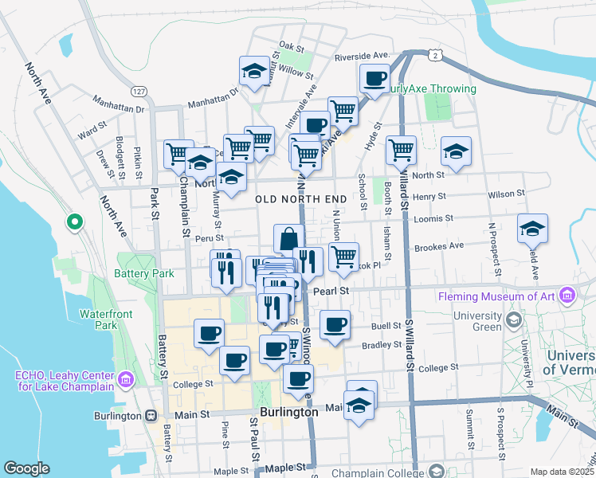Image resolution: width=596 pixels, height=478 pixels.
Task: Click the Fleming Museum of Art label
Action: tap(499, 297)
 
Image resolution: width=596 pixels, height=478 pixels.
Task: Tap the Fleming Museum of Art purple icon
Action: tap(567, 296)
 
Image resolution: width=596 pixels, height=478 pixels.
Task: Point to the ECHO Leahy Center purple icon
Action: tap(126, 379)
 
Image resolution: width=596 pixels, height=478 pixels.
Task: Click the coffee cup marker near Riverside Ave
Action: tap(374, 78)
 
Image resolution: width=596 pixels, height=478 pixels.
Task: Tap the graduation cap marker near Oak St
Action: tap(253, 70)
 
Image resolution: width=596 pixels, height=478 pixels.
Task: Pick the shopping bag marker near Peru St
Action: tap(288, 237)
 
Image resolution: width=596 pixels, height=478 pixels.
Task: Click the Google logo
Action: tap(26, 468)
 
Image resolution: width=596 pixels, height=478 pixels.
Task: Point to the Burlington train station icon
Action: tap(151, 415)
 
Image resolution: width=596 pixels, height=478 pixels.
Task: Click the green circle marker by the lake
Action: tap(74, 221)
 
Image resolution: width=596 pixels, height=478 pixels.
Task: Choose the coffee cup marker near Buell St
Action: tap(335, 324)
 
